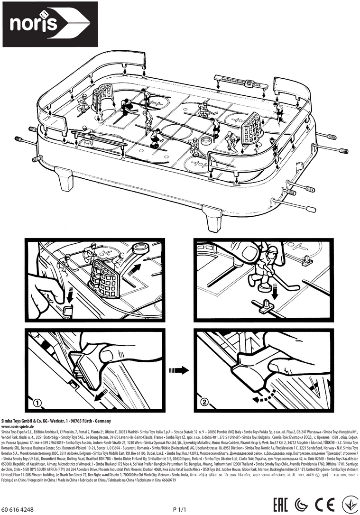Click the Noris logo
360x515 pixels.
coord(46,24)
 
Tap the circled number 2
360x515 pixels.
coord(204,403)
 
